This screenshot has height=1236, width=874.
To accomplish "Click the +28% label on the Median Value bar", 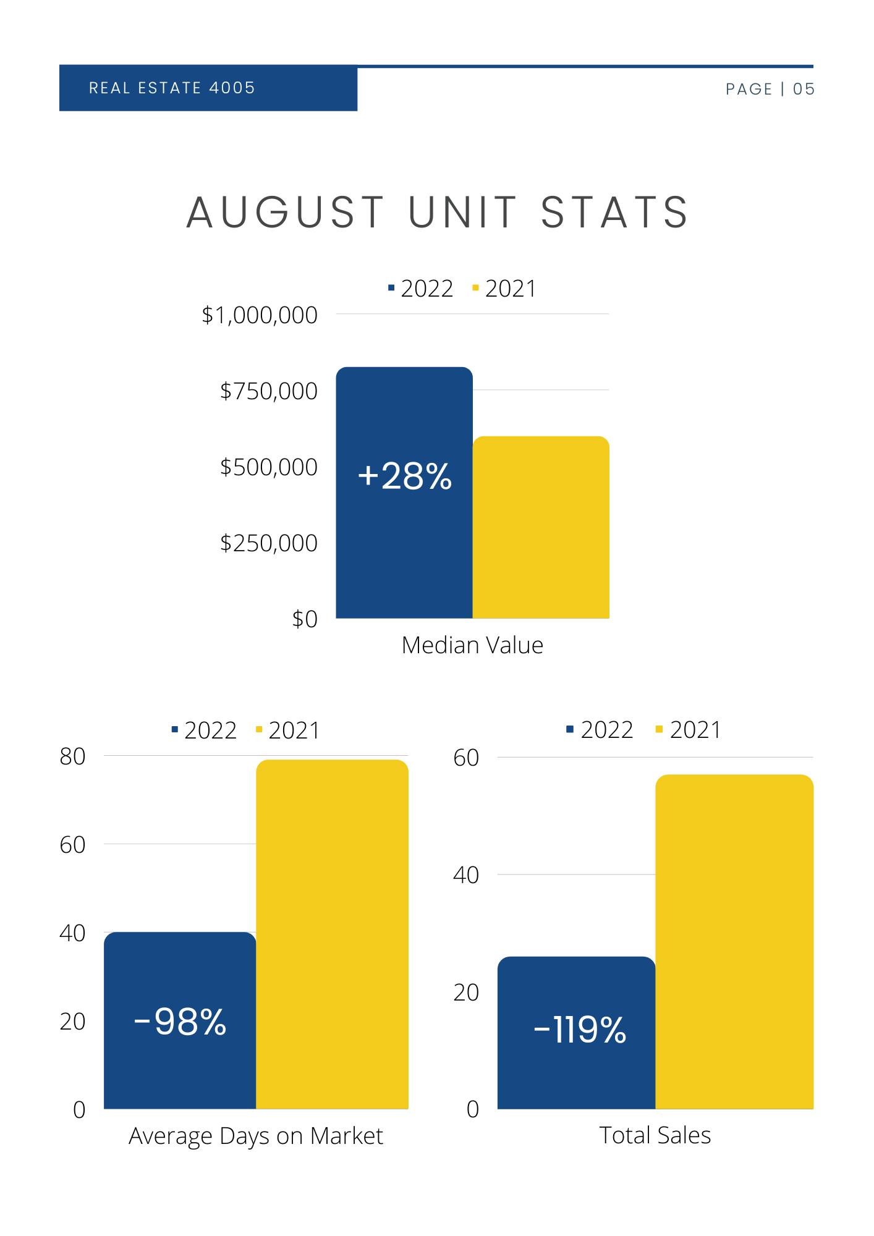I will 404,477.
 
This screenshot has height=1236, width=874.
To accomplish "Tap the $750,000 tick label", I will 269,391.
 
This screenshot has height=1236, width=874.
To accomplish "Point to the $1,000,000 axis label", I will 260,315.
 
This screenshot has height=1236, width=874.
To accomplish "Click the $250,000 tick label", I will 269,543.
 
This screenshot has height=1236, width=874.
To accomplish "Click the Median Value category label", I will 472,645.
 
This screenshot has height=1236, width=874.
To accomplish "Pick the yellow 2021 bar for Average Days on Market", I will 332,934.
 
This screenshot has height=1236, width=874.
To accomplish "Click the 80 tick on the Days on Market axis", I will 72,756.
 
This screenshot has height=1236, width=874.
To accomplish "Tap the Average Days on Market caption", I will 256,1136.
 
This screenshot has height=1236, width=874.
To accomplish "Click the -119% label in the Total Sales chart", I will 579,1030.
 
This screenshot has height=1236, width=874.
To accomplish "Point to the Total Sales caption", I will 655,1135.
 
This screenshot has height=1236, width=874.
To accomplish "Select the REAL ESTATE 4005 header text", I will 172,88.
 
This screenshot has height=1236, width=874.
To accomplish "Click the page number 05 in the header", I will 804,89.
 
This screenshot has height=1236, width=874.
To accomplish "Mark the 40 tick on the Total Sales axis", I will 466,875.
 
